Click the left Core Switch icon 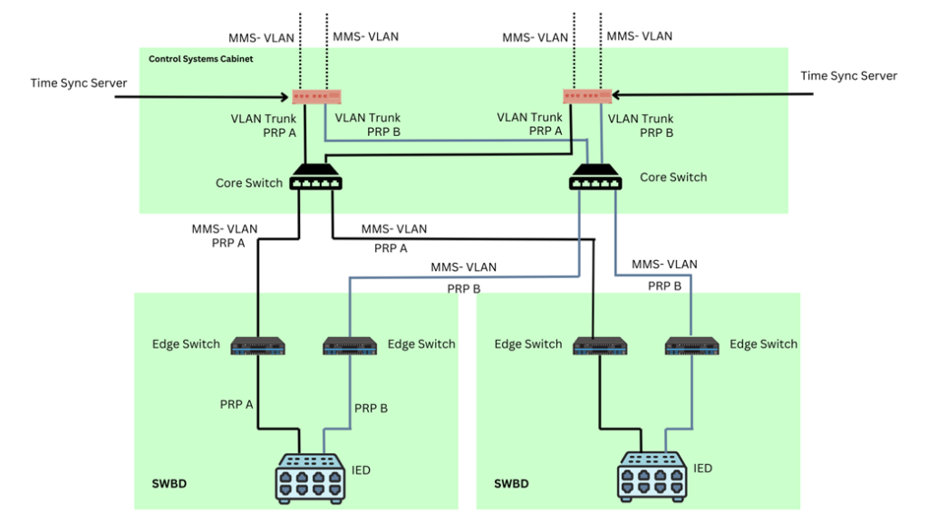(x=315, y=180)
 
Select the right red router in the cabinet (x=587, y=96)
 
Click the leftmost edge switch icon (x=258, y=345)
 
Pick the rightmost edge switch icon (x=692, y=345)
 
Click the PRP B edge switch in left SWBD (x=351, y=345)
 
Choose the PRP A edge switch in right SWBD (x=600, y=345)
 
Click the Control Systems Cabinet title (x=200, y=60)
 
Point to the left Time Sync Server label (x=79, y=83)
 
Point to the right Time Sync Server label (x=848, y=76)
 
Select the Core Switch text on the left (x=249, y=183)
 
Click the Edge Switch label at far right (x=763, y=344)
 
